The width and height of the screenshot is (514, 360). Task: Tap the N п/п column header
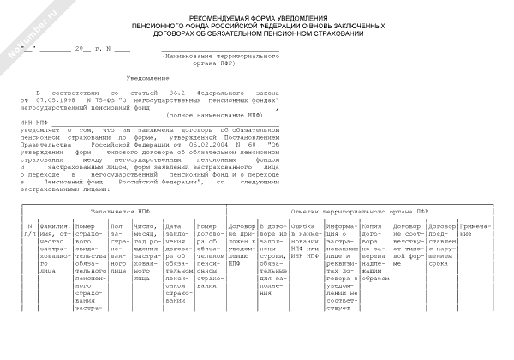click(x=30, y=228)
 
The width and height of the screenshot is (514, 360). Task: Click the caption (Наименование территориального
click(x=222, y=56)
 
